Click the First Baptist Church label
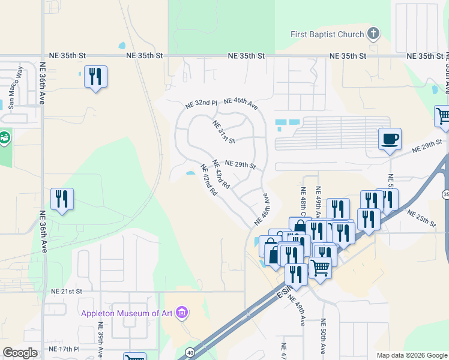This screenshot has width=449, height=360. coord(327,34)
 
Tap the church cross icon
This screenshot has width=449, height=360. coord(373,34)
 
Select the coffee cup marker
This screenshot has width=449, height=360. coord(390,139)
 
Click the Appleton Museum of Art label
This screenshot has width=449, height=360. coord(127,313)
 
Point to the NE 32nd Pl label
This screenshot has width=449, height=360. coord(201,103)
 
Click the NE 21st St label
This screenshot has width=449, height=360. coord(66,291)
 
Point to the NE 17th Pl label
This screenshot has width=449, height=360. coord(65,349)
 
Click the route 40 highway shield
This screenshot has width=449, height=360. coord(190,352)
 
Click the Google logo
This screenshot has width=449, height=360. coord(20,353)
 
